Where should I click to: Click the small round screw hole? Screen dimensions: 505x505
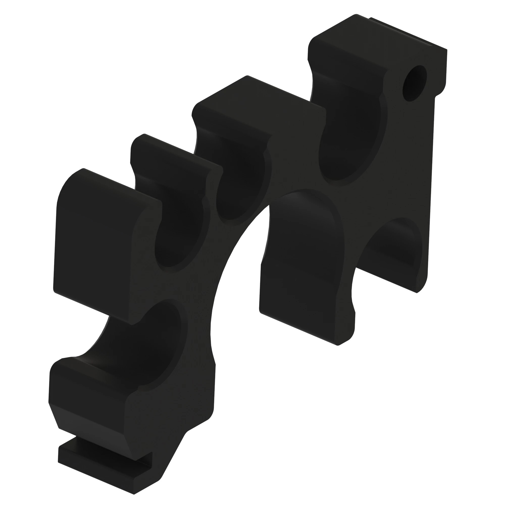pos(415,83)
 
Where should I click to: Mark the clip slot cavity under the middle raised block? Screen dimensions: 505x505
pos(240,183)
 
